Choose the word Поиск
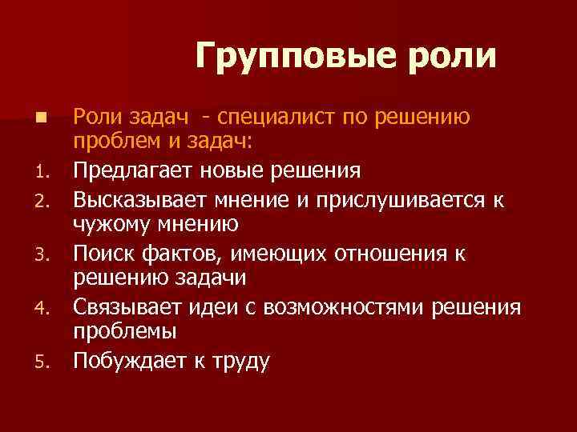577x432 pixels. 103,254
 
